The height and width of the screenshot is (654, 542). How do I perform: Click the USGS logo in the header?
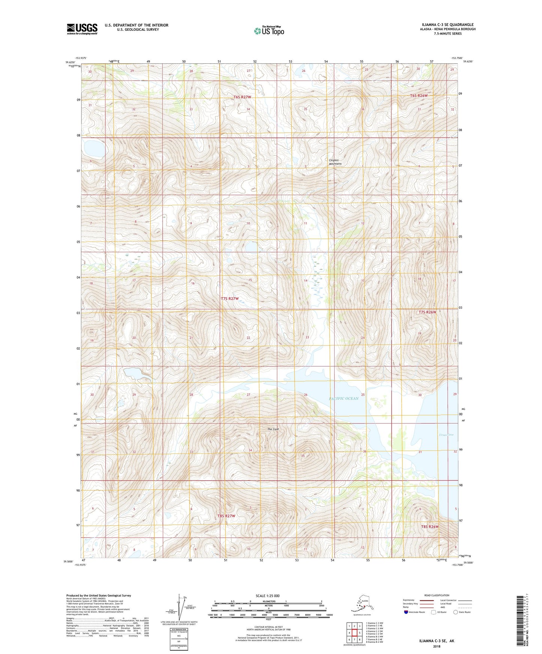(82, 29)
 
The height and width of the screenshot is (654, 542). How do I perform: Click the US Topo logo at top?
(269, 30)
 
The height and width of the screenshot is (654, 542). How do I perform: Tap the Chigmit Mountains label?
(335, 162)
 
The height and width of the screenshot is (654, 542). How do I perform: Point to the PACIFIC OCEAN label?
(344, 398)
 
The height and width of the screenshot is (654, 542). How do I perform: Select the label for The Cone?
(273, 429)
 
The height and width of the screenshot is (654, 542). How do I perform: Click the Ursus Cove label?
(446, 435)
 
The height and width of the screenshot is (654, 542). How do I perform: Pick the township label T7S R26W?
(428, 312)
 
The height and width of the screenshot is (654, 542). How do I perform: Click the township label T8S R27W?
(227, 516)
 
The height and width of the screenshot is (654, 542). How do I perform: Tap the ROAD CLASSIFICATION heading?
(437, 595)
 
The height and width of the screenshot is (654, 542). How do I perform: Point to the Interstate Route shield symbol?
(406, 612)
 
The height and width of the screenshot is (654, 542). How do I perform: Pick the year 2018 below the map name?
(436, 646)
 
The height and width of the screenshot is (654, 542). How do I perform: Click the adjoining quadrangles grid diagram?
(354, 633)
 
